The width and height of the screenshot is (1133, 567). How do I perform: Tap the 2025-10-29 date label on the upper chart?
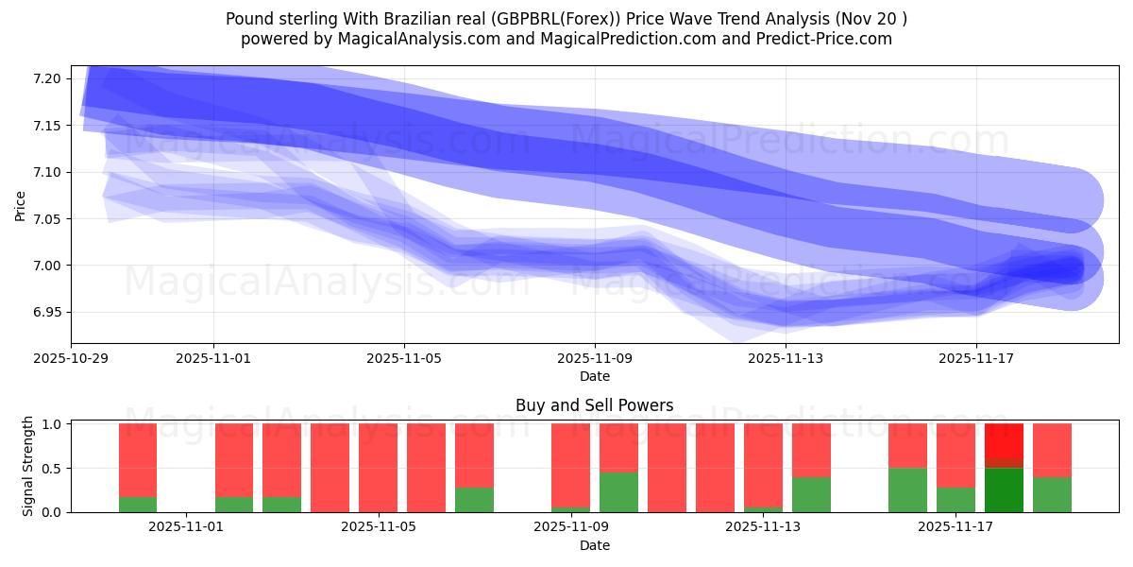click(72, 358)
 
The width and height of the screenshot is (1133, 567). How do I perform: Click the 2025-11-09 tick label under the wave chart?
click(595, 358)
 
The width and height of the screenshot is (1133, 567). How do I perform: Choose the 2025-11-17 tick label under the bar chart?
click(956, 526)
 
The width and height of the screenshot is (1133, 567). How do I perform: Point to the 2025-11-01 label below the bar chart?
click(187, 526)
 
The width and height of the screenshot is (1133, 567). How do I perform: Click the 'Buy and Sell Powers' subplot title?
click(594, 405)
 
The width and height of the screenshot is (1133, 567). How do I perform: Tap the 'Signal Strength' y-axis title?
click(28, 466)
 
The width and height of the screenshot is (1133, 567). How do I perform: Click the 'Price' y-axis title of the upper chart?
click(21, 205)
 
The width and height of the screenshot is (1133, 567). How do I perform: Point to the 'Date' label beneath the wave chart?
click(594, 376)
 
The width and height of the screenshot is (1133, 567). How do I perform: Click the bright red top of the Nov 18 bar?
click(1004, 440)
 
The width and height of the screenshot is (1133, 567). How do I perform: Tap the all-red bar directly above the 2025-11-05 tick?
click(378, 468)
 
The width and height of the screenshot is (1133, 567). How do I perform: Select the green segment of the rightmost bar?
click(1052, 494)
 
